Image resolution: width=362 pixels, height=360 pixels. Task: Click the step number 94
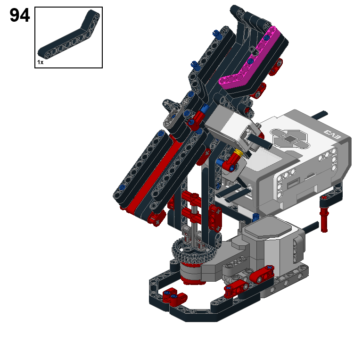tap(20, 15)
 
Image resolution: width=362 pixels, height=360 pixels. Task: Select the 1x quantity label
tap(40, 62)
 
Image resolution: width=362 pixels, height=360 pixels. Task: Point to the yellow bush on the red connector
tap(238, 153)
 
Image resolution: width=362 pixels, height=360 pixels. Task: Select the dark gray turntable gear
tap(194, 251)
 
